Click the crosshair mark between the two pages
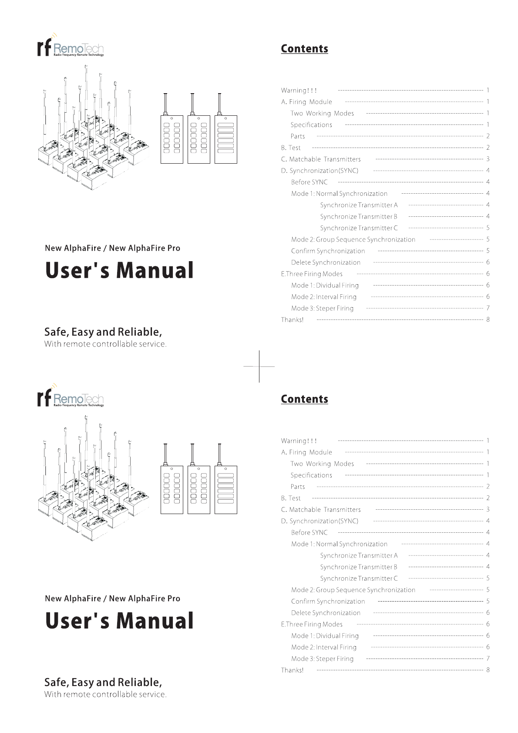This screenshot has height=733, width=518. [259, 366]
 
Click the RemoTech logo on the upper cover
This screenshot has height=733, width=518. [71, 47]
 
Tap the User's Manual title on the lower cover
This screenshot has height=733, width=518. [119, 621]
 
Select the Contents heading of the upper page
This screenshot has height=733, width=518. [304, 49]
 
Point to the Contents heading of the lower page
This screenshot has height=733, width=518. [304, 399]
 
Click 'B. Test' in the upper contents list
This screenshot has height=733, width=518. [291, 148]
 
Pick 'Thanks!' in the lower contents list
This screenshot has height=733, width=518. [292, 670]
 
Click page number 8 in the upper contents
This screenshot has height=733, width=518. [488, 319]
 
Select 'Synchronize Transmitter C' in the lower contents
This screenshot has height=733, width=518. [359, 578]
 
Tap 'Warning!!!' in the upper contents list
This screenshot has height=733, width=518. [299, 91]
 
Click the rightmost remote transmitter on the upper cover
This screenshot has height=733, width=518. [226, 139]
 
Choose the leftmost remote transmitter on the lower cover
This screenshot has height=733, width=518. [172, 490]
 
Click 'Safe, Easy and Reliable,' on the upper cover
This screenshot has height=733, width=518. [103, 332]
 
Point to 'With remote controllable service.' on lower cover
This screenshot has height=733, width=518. [105, 694]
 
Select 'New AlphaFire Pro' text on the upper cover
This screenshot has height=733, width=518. [145, 248]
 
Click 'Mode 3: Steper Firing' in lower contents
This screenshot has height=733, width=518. [322, 659]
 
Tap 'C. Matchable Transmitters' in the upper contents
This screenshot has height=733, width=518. [321, 159]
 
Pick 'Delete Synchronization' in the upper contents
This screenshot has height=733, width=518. [326, 262]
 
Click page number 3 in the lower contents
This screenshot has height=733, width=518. [488, 509]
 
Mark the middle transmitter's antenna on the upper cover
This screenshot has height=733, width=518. [192, 104]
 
